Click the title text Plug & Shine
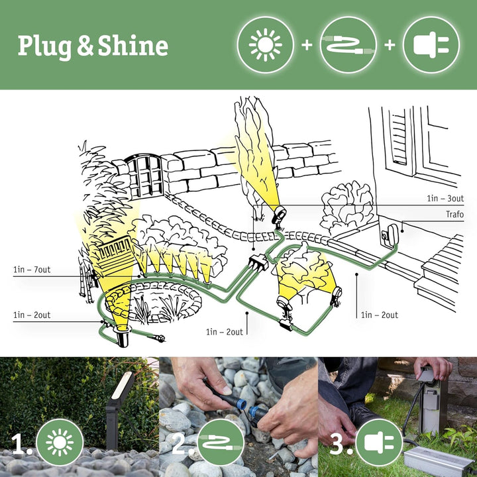(x=92, y=46)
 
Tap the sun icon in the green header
(x=265, y=45)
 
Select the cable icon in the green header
(x=348, y=45)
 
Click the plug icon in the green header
(x=431, y=45)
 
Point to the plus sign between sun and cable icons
(x=306, y=45)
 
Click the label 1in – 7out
(x=32, y=270)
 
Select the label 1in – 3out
(x=446, y=198)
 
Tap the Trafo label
(x=454, y=215)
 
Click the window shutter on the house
(x=399, y=136)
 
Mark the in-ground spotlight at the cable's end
(x=123, y=337)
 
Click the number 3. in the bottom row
(x=340, y=443)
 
